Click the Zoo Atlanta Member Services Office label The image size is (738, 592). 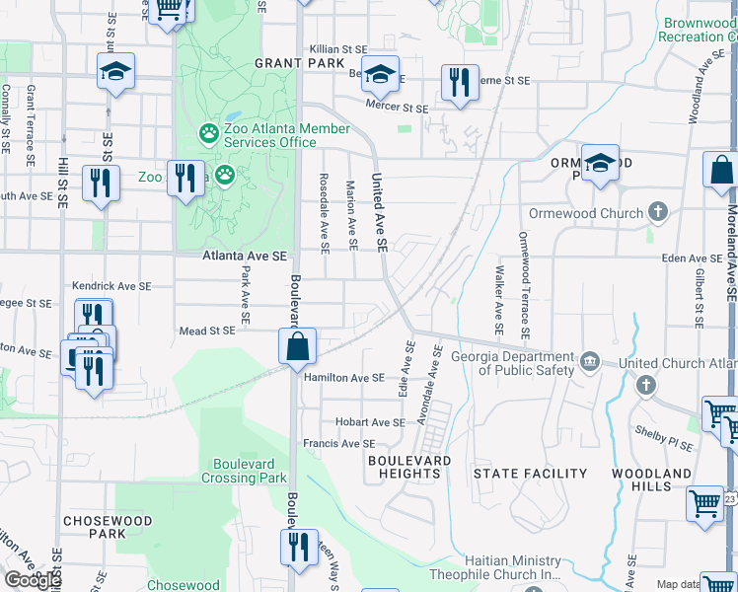coord(286,135)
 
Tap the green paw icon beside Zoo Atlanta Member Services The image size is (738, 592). coord(208,131)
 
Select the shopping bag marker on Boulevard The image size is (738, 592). coord(296,348)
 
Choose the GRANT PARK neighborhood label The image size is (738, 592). coord(291,62)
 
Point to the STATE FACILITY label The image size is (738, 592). coord(530,474)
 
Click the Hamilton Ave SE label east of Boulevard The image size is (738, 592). coord(343,378)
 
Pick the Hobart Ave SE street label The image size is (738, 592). coord(370,422)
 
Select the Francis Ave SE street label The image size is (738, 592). coord(338,444)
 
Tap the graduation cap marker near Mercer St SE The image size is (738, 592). coord(380,74)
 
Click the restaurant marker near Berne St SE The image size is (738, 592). coord(459,83)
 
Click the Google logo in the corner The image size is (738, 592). coord(33,580)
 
